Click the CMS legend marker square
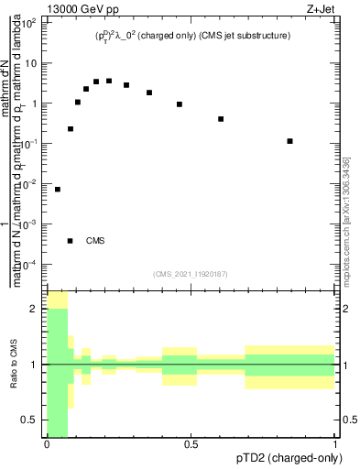[70, 241]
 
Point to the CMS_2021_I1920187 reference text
[191, 274]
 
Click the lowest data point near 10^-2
[58, 190]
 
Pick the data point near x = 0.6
[221, 119]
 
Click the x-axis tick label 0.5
[191, 444]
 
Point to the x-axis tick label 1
[334, 444]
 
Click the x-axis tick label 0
[47, 444]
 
